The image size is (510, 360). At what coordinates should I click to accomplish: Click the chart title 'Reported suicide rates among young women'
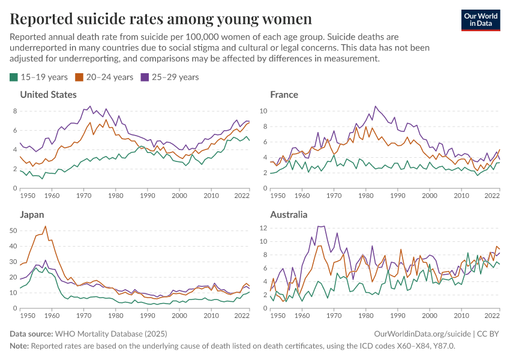tap(161, 19)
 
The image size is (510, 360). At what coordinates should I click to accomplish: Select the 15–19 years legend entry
tap(38, 77)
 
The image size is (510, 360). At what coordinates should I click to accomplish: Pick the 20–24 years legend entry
tap(104, 77)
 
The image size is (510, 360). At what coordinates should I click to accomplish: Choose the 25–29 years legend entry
tap(169, 77)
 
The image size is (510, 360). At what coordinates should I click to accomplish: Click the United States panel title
tap(49, 95)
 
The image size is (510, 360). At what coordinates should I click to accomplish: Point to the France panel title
tap(284, 95)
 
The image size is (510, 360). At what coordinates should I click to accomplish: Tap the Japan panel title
tap(32, 214)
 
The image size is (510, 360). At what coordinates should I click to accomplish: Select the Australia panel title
tap(289, 214)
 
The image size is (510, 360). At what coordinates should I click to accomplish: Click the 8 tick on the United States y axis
tap(14, 111)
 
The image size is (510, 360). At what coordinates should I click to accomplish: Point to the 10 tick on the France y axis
tap(262, 111)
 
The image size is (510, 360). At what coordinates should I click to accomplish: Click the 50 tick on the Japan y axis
tap(13, 230)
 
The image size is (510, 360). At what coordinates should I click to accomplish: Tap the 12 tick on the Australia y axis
tap(262, 228)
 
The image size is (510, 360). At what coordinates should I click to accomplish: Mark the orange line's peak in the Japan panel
tap(46, 226)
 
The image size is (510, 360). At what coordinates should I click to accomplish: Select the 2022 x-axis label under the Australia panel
tap(492, 316)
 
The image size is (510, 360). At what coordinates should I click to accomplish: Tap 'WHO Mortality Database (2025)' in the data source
tap(111, 334)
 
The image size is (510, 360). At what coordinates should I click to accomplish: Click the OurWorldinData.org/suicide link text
tap(422, 334)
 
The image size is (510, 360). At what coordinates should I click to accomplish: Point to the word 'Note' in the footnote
tap(19, 346)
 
